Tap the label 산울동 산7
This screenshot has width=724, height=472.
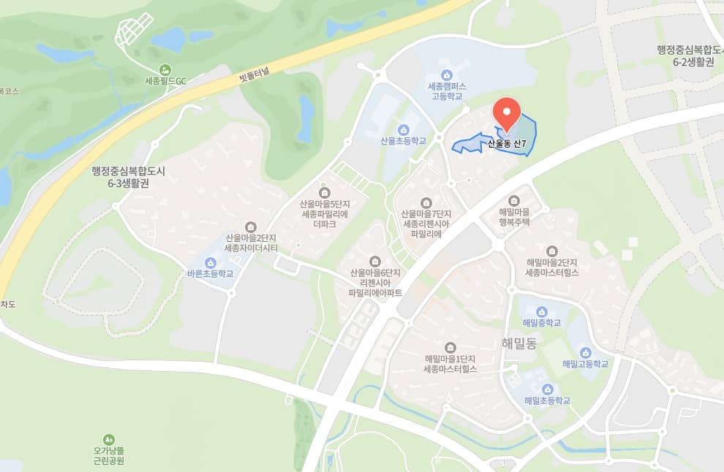click(x=507, y=144)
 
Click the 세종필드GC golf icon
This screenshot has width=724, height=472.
click(x=163, y=69)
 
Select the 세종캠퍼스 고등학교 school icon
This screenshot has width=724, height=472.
click(x=446, y=75)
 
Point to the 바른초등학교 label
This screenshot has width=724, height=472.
click(x=210, y=273)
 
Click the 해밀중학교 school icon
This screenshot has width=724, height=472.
click(x=542, y=311)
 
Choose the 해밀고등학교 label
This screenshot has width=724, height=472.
click(x=585, y=363)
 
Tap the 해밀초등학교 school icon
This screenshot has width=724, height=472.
click(x=546, y=389)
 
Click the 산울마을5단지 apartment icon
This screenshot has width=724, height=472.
click(x=324, y=192)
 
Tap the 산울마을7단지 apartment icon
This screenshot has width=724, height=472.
click(x=426, y=202)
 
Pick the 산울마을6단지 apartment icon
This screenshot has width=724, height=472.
click(x=375, y=261)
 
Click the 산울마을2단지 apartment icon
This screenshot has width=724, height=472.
click(x=251, y=226)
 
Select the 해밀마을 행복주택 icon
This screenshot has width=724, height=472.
click(x=513, y=199)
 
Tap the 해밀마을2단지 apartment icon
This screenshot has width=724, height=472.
click(x=551, y=250)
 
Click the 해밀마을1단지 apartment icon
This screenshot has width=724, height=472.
click(x=450, y=346)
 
